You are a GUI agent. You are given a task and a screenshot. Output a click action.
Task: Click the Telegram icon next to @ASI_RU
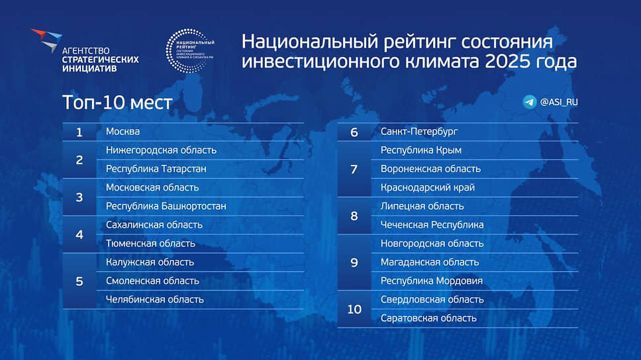click(529, 102)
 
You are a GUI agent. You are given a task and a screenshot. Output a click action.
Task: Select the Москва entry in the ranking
click(123, 132)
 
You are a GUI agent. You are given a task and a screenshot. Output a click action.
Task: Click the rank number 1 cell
click(79, 132)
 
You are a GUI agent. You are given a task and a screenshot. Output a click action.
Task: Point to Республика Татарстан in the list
click(156, 169)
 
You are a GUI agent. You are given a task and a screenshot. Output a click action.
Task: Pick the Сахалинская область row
click(154, 225)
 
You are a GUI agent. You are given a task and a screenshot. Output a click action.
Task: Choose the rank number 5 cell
click(79, 281)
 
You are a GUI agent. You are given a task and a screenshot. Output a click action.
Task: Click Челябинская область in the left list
click(154, 299)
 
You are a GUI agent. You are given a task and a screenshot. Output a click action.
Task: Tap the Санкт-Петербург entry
click(419, 132)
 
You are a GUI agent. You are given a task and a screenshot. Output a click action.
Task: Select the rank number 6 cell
click(354, 132)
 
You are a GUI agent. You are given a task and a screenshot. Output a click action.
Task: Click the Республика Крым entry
click(421, 150)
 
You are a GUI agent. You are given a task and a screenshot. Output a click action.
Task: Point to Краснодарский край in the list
click(428, 187)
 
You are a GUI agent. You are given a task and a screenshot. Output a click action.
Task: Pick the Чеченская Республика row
click(432, 225)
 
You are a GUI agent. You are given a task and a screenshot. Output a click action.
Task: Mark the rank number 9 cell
click(354, 263)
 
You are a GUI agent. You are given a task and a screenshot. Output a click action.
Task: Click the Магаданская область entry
click(430, 262)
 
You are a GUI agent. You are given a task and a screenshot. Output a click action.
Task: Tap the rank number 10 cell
click(354, 309)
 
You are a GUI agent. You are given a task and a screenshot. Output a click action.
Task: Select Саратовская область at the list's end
click(428, 318)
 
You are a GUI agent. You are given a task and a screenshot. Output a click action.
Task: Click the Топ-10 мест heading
click(117, 103)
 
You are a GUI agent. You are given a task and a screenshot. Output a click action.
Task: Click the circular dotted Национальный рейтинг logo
click(190, 51)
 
